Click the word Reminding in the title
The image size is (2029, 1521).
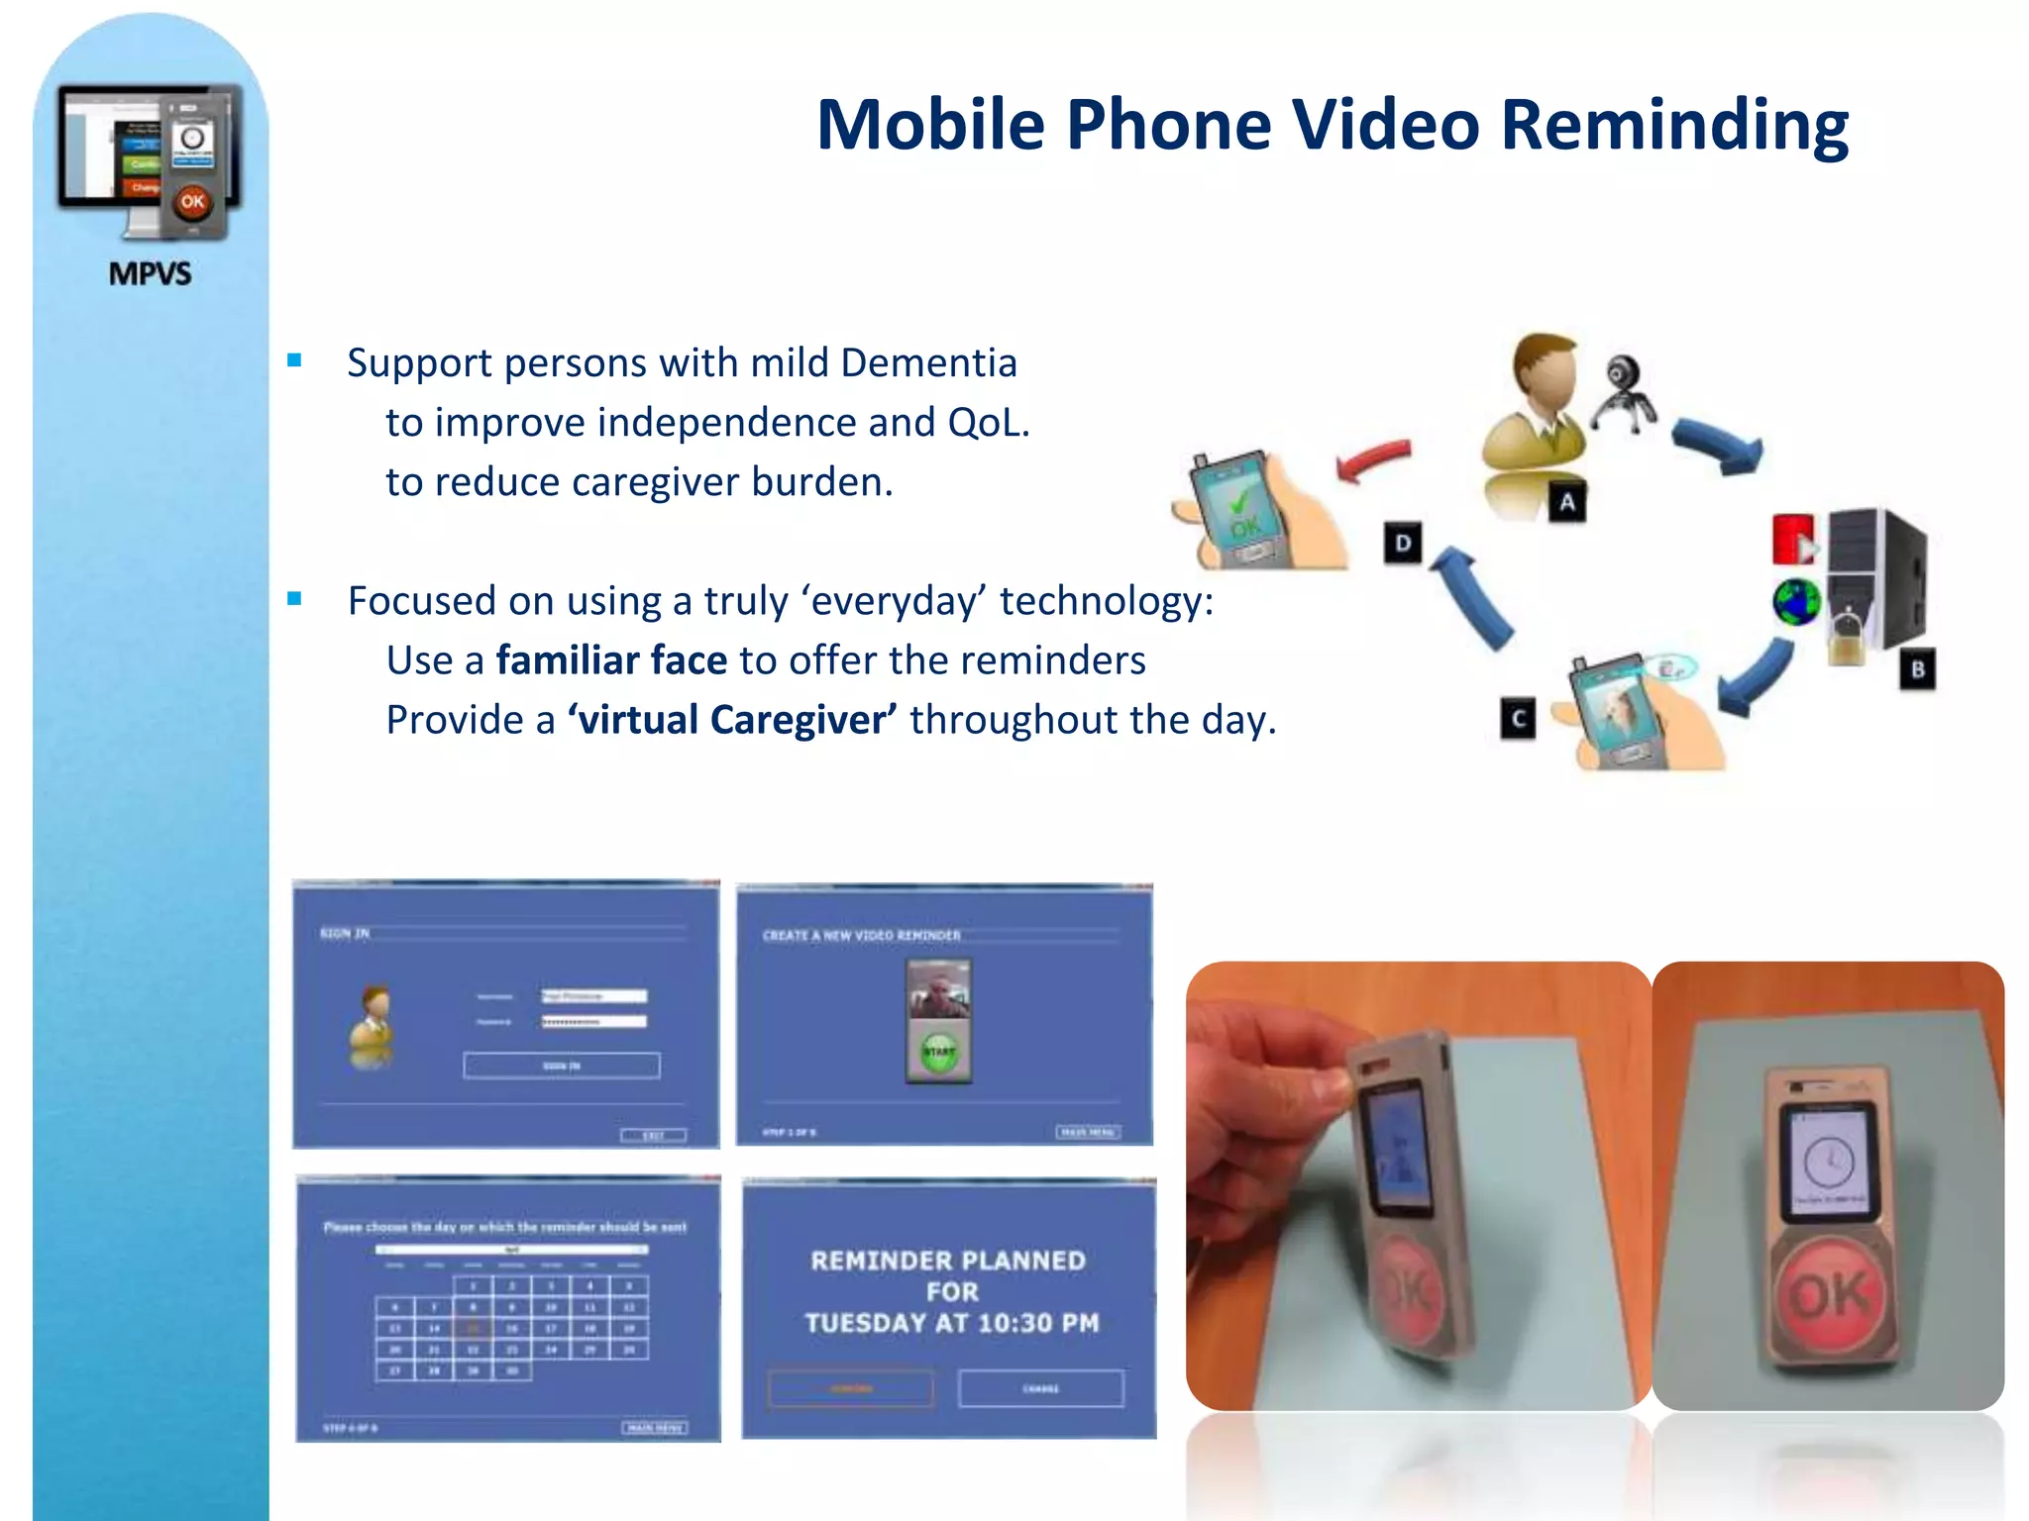pos(1674,126)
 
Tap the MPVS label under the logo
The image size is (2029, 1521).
pos(150,273)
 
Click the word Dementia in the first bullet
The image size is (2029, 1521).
pos(928,363)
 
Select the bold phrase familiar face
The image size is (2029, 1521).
pos(611,660)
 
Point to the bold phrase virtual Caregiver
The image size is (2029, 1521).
pos(733,720)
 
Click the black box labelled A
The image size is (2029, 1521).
pos(1566,502)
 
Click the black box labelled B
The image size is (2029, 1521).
pos(1917,669)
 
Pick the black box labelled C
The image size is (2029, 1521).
pos(1517,719)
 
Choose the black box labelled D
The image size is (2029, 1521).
pos(1402,543)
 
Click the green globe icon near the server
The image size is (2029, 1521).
pos(1796,602)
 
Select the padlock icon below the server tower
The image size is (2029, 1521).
pos(1846,639)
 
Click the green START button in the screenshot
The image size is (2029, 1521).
pos(938,1052)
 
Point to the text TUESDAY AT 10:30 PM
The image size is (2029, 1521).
pos(951,1323)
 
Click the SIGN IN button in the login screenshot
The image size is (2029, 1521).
pos(561,1065)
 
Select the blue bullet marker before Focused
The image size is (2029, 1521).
pos(294,599)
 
